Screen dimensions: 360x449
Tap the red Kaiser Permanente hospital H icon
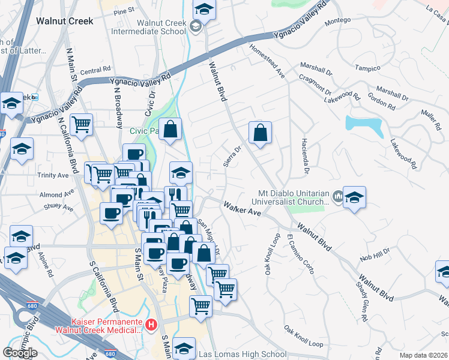(152, 325)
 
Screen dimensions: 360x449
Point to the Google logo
(19, 353)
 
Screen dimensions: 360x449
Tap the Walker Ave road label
(243, 208)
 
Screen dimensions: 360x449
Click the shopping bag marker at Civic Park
(170, 129)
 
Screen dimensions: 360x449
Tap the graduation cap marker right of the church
(354, 197)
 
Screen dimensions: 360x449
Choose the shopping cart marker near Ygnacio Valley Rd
(81, 125)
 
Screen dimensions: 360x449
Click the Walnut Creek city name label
(65, 20)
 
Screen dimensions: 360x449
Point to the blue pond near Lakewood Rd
(364, 126)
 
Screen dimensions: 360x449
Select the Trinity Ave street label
(52, 175)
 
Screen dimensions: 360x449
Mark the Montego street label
(337, 22)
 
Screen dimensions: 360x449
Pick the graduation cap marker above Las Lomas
(184, 348)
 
